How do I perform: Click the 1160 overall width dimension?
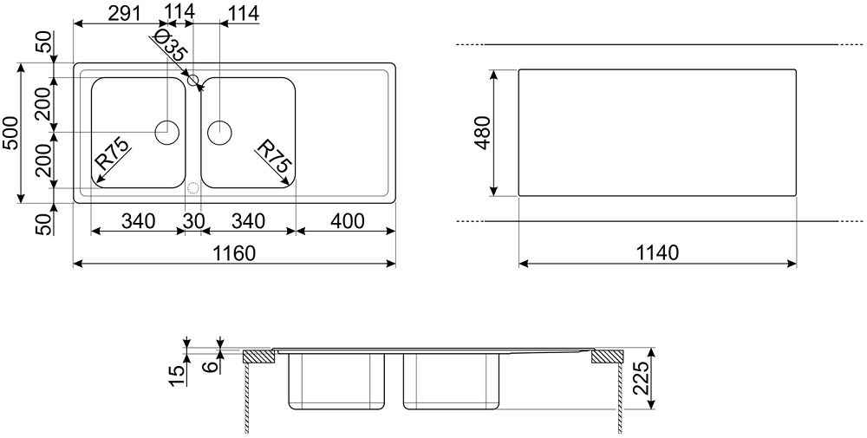coord(235,253)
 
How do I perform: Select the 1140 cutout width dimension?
coord(657,253)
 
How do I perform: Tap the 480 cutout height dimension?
coord(482,133)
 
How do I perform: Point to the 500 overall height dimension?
coord(11,134)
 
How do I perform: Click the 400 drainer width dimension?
coord(347,221)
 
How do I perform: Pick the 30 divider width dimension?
coord(193,221)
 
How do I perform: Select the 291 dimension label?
coord(123,13)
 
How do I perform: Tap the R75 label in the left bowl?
coord(111,154)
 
